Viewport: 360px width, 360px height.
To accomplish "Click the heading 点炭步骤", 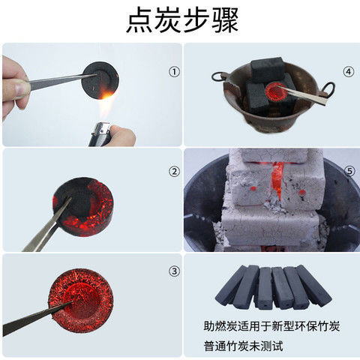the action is [182, 20].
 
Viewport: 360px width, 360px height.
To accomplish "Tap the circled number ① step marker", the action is [174, 72].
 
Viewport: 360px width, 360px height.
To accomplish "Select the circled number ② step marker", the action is [174, 172].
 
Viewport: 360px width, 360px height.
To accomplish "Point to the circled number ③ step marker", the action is [174, 271].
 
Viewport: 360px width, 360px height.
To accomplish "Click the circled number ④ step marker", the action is [348, 72].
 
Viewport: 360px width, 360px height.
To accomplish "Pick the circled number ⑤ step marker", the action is [349, 172].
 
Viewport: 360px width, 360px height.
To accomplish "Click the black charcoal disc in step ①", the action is [100, 80].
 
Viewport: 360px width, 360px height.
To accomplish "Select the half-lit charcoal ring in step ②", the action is [83, 207].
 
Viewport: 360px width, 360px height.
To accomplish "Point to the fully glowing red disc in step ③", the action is [81, 301].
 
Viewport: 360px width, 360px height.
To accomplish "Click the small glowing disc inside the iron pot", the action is [276, 91].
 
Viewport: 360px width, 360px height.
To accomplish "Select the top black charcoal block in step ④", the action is [268, 68].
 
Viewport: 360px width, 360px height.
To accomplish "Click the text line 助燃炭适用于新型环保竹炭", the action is [271, 326].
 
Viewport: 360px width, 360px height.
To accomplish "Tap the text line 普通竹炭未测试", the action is [244, 346].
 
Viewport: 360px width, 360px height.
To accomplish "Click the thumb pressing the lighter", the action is [123, 135].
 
